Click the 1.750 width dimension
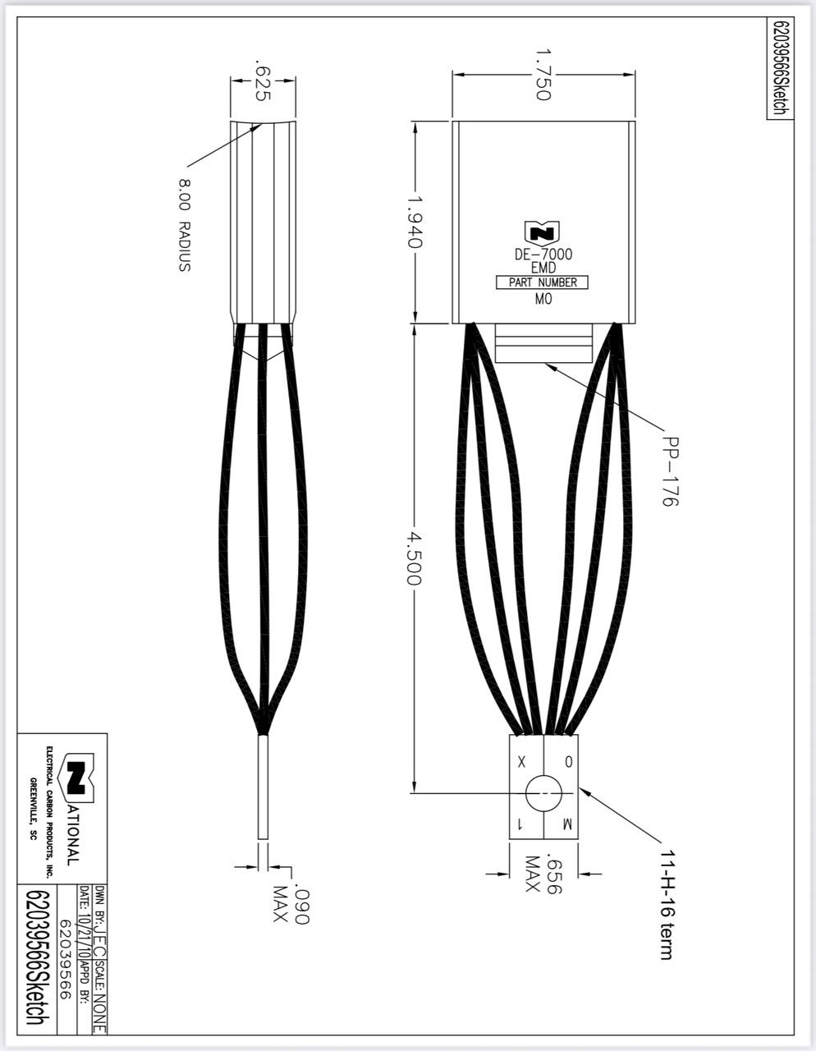542,75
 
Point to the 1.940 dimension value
414,222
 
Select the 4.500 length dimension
414,559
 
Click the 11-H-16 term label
666,903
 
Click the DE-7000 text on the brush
543,255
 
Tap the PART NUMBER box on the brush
543,282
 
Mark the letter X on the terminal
523,761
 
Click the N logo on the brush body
543,232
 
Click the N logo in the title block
76,776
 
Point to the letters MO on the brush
543,300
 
